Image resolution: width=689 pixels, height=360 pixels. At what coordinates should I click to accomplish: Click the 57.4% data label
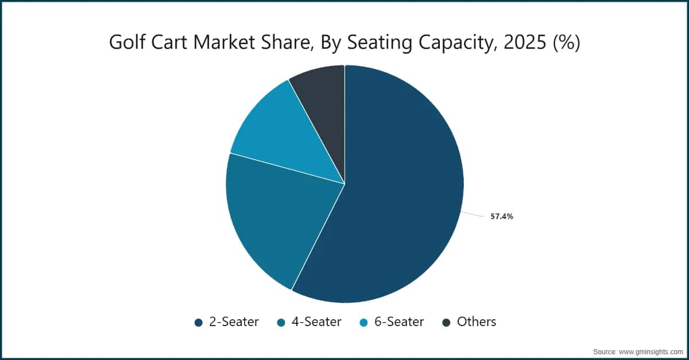(502, 216)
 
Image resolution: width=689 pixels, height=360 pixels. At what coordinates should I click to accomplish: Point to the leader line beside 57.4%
(472, 214)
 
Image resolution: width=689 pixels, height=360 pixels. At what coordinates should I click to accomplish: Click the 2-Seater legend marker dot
(199, 323)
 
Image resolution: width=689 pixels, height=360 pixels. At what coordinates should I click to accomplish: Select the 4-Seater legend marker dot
(281, 323)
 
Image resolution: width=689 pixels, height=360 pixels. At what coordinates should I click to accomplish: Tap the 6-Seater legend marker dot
(364, 323)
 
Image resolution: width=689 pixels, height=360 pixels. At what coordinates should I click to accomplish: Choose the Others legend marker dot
(446, 323)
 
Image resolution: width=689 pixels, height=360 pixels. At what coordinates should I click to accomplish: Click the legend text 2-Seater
(234, 322)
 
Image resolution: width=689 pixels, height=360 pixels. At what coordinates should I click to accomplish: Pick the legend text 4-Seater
(316, 322)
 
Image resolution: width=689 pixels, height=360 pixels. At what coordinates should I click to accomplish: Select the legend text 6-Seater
(399, 322)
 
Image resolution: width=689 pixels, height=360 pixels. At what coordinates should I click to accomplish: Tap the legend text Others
(477, 322)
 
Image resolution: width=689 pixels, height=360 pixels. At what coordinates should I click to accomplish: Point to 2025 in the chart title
(525, 42)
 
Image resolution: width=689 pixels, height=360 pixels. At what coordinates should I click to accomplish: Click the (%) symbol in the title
(567, 42)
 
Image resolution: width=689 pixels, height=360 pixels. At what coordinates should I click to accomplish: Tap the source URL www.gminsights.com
(651, 352)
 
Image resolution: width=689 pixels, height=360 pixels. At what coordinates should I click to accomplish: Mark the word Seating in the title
(380, 43)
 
